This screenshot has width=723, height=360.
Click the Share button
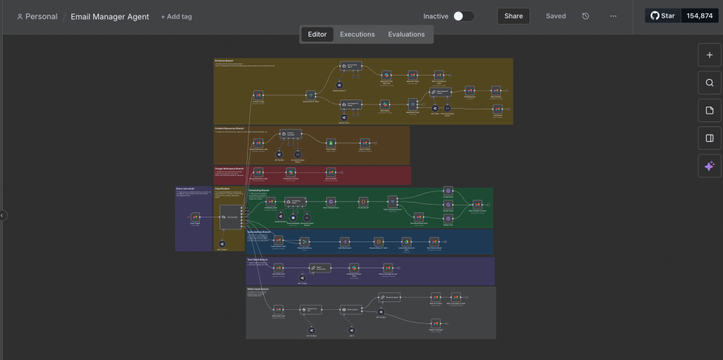tap(513, 16)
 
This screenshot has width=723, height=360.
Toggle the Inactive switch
tap(463, 16)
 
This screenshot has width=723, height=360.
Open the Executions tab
tap(357, 35)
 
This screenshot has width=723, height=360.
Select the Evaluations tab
tap(407, 35)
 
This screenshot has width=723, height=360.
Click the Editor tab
tap(317, 35)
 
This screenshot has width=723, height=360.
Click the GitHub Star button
tap(662, 16)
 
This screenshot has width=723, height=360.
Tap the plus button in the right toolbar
tap(710, 55)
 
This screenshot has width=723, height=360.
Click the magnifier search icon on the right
tap(710, 83)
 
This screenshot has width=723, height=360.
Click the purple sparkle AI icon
tap(710, 166)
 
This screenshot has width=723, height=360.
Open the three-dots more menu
tap(613, 16)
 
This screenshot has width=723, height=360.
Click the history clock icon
tap(585, 16)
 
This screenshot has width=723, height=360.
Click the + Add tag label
tap(176, 17)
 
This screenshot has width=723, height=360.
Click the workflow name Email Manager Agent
tap(109, 17)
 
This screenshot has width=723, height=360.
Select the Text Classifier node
tap(230, 217)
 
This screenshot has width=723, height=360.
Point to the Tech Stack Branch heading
tap(257, 260)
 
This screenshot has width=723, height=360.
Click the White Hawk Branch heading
tap(258, 289)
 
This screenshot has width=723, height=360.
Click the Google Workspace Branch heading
tap(229, 169)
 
